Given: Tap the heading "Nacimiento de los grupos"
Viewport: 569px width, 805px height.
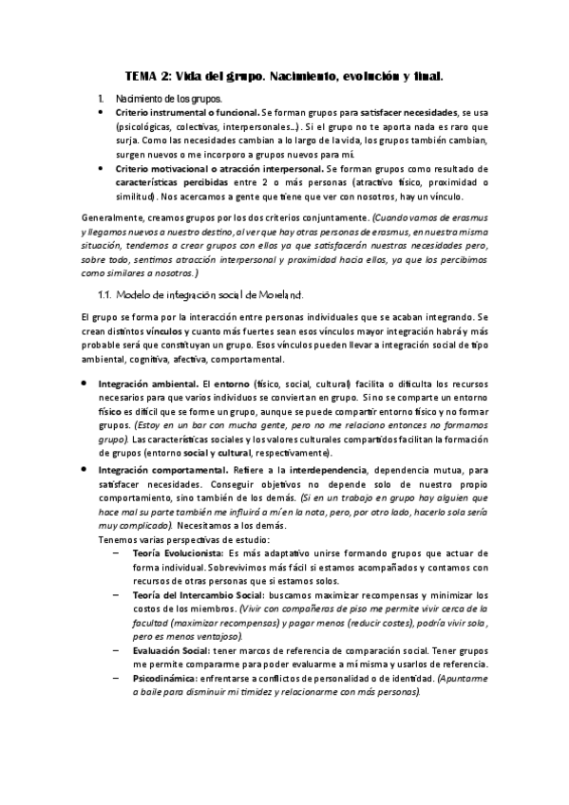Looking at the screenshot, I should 167,99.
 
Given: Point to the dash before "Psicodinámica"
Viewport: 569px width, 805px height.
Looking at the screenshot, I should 117,678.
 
